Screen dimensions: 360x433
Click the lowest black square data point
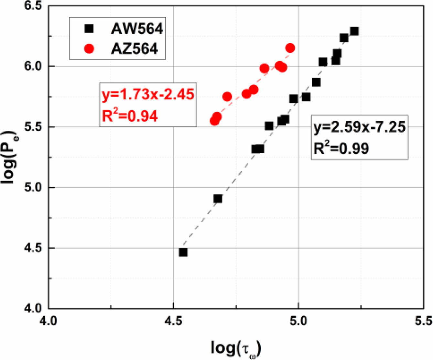coord(183,252)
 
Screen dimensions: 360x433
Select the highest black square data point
coord(354,31)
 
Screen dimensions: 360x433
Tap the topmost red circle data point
coord(290,48)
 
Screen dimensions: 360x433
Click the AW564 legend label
coord(137,29)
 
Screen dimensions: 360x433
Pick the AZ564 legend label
coord(135,49)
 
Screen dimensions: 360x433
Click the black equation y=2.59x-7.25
coord(359,127)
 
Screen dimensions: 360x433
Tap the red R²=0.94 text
coord(130,116)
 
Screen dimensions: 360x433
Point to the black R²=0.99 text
coord(341,148)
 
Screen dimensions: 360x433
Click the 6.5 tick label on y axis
coord(34,6)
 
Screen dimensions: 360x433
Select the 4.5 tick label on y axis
coord(34,248)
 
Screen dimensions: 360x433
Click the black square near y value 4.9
coord(218,199)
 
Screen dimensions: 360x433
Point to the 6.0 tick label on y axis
coord(34,67)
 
